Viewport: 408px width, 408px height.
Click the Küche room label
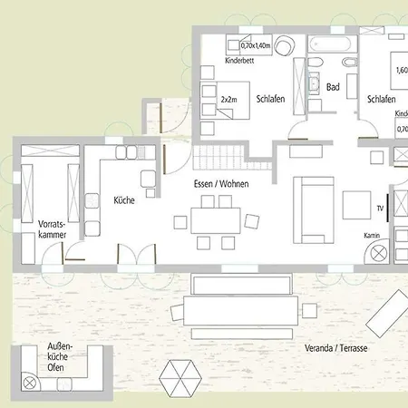pos(124,200)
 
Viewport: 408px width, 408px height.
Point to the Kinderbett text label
pos(238,61)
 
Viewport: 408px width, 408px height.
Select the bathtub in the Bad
pos(326,44)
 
